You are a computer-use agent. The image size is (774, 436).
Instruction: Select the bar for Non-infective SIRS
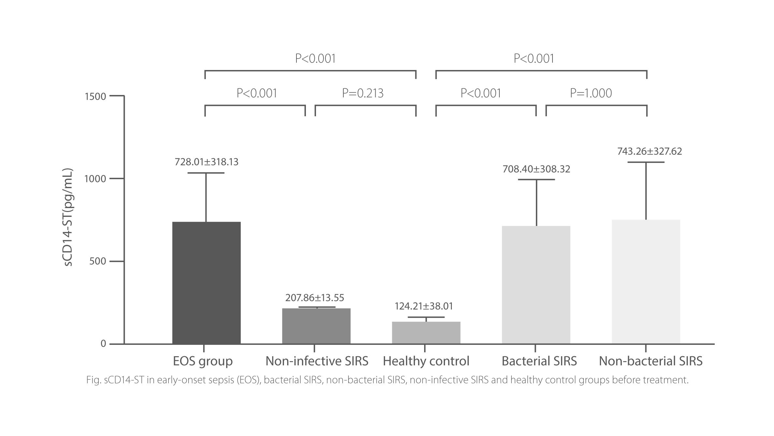(316, 326)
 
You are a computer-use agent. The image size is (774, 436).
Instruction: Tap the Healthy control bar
(426, 332)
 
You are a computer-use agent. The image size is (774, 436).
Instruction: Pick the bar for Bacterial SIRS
(536, 285)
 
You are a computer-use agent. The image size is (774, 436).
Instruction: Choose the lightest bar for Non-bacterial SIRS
(646, 282)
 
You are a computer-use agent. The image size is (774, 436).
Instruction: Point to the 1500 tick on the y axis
(95, 96)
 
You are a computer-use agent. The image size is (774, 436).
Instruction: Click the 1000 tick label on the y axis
(95, 179)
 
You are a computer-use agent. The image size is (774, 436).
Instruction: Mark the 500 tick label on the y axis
(98, 261)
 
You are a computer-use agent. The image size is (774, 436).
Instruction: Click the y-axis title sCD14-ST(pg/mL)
(68, 218)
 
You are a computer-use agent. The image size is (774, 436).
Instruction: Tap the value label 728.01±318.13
(207, 162)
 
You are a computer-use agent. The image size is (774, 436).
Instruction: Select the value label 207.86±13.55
(315, 298)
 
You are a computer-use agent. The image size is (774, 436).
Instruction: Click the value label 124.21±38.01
(424, 306)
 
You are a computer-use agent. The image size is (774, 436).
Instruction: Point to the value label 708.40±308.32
(536, 169)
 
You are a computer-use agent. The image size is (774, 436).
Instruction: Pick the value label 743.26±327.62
(650, 151)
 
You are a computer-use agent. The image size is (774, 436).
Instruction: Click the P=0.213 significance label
(363, 93)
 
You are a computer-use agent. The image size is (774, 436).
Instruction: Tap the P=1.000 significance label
(591, 93)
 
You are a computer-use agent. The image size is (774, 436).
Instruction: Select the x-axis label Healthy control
(426, 361)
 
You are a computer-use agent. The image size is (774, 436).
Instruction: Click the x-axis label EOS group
(203, 361)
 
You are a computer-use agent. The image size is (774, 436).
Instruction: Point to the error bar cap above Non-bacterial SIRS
(646, 162)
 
